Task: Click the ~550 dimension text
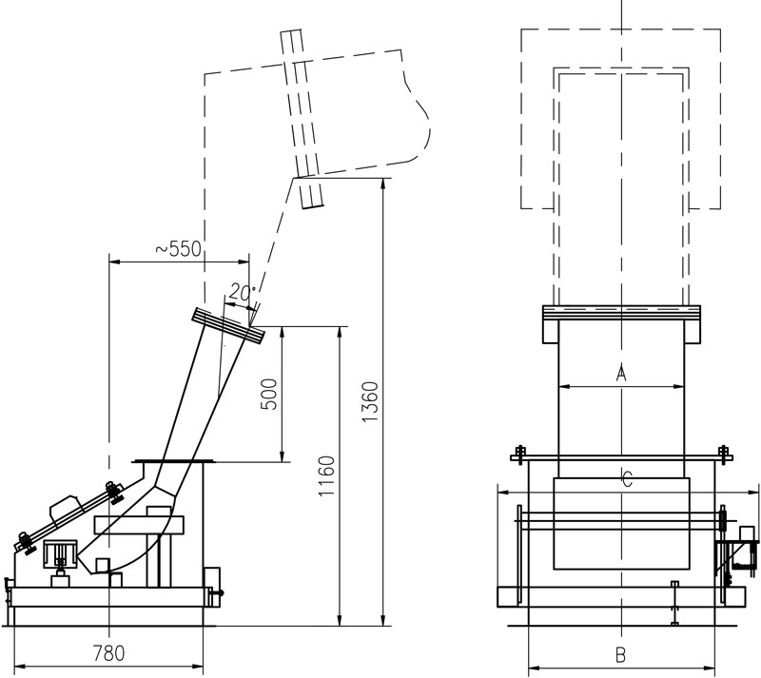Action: pos(178,249)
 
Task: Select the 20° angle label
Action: pos(242,294)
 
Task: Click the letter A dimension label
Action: pos(621,373)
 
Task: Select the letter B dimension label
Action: pos(619,654)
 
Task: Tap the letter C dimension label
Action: pos(625,479)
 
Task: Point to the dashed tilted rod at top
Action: pos(303,119)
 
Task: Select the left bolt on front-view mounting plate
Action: pos(520,451)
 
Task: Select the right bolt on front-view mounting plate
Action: pos(722,451)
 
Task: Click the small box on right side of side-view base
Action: pos(212,579)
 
